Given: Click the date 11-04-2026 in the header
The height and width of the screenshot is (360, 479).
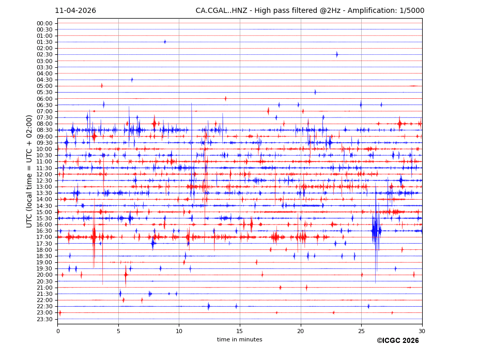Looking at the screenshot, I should click(75, 11).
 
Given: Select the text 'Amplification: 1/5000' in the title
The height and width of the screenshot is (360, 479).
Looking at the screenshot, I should click(386, 11).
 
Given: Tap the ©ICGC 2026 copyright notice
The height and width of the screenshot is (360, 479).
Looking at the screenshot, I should click(397, 341).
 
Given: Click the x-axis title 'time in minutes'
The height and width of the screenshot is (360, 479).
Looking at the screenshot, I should click(239, 340).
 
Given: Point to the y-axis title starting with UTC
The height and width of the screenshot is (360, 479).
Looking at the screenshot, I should click(30, 171).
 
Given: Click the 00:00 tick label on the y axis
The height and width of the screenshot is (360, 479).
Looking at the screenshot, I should click(44, 23).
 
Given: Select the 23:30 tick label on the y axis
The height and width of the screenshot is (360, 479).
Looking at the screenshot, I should click(44, 319).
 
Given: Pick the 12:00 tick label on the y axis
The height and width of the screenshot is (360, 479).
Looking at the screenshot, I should click(44, 174).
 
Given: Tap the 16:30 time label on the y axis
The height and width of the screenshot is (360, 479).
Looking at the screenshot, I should click(44, 231).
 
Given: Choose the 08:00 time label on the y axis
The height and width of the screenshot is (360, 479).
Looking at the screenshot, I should click(44, 124).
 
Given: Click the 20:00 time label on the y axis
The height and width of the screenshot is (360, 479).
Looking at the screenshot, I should click(44, 275).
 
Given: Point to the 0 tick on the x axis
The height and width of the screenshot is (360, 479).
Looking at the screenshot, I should click(58, 331).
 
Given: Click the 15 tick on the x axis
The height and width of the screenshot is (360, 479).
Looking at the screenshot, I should click(240, 331).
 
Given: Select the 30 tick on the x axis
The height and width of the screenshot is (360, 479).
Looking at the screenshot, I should click(422, 331).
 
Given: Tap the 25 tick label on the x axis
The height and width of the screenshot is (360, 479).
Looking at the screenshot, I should click(361, 331).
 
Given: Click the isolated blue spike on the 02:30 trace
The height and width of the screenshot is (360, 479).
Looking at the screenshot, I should click(337, 54).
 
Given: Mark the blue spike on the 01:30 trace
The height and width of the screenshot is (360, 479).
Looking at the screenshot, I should click(165, 42).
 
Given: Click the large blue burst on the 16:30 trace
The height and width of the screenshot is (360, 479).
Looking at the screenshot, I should click(376, 231).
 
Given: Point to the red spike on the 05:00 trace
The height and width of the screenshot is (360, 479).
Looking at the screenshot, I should click(102, 86).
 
